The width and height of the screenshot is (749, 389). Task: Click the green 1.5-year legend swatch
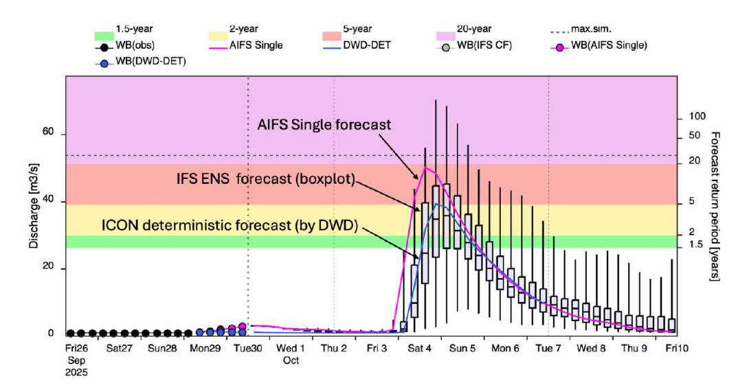pyautogui.click(x=104, y=35)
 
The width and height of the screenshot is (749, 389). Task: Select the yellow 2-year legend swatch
pyautogui.click(x=218, y=35)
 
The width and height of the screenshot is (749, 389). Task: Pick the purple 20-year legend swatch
pyautogui.click(x=447, y=35)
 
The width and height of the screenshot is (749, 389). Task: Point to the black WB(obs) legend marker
pyautogui.click(x=104, y=47)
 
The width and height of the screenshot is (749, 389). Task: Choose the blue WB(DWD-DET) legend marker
pyautogui.click(x=104, y=62)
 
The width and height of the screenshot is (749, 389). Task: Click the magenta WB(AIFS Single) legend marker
pyautogui.click(x=562, y=47)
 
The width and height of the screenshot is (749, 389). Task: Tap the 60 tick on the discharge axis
pyautogui.click(x=49, y=134)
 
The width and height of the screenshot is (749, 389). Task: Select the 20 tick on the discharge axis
pyautogui.click(x=49, y=269)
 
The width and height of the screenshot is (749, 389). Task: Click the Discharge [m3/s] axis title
pyautogui.click(x=34, y=206)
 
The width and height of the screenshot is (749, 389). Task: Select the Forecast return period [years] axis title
pyautogui.click(x=715, y=205)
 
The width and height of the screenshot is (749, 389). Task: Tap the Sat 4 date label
pyautogui.click(x=420, y=348)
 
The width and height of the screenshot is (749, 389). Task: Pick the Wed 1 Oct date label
pyautogui.click(x=291, y=353)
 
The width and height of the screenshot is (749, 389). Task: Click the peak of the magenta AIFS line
pyautogui.click(x=426, y=167)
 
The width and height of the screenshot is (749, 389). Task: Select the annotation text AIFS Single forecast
pyautogui.click(x=324, y=125)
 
